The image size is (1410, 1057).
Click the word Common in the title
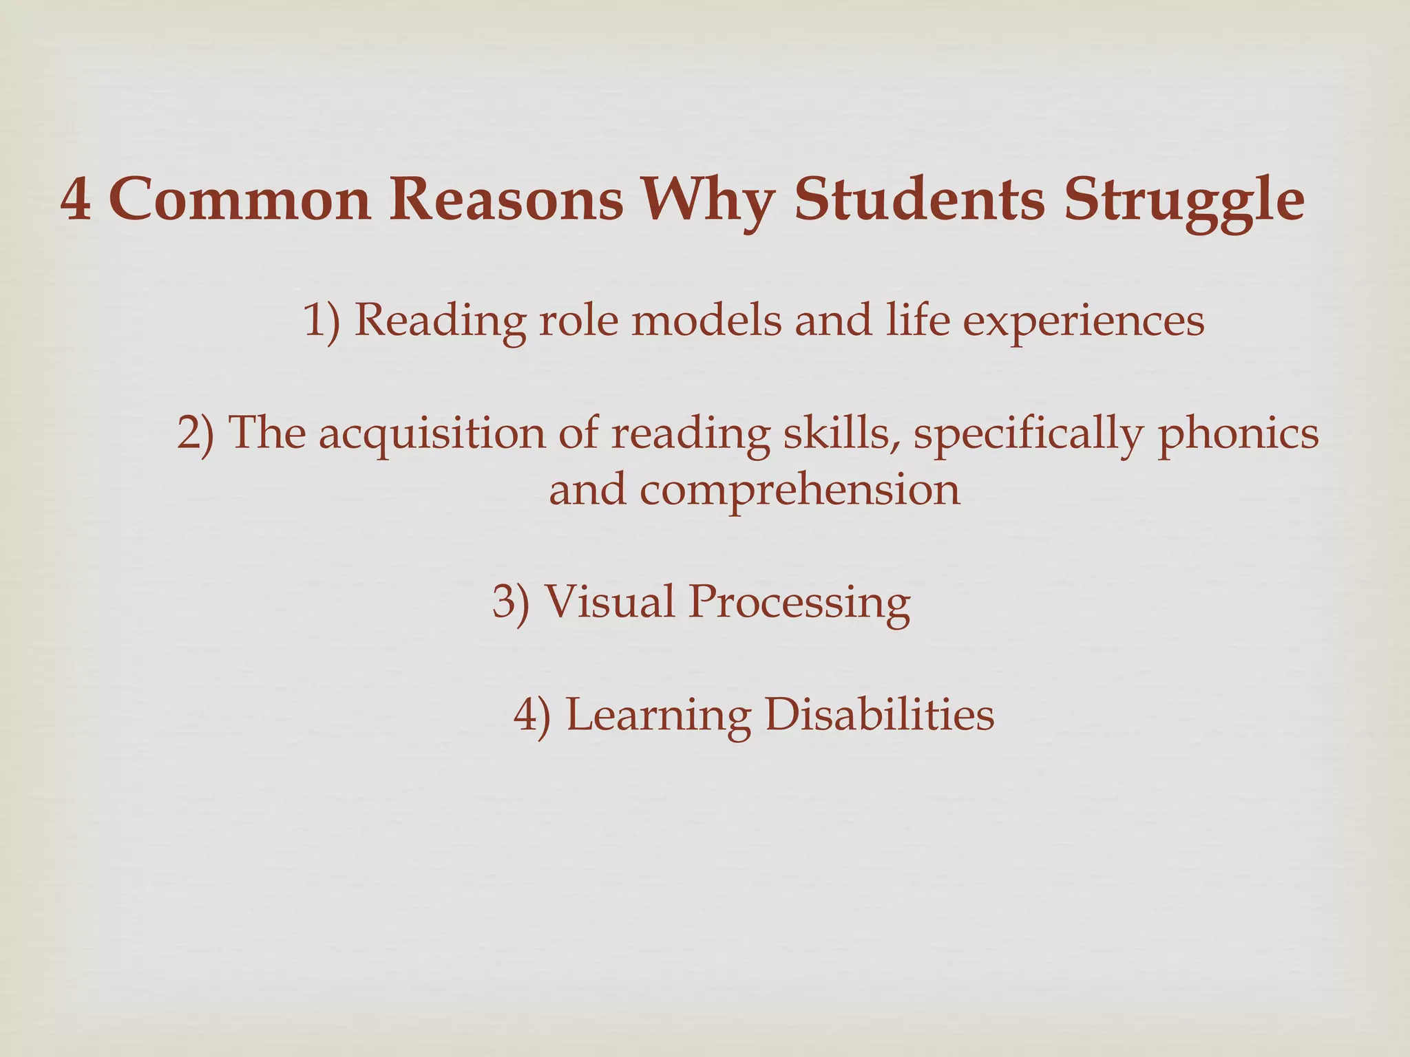pos(240,200)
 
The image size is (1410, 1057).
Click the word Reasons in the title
pos(507,200)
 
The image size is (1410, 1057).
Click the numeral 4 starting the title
pos(75,200)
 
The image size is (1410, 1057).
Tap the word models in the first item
pos(706,321)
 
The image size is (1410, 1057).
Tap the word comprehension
pos(799,491)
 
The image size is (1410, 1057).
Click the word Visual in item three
pos(609,601)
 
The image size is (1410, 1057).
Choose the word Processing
pos(799,603)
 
